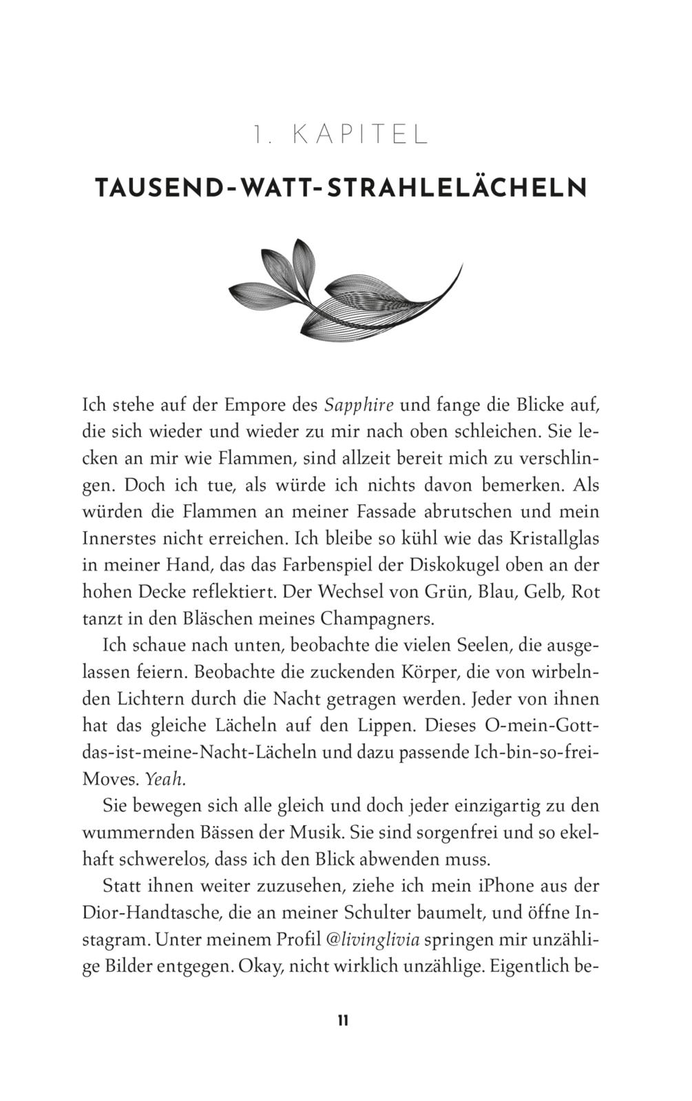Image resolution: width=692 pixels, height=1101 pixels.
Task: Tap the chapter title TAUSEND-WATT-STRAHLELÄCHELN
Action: click(x=341, y=188)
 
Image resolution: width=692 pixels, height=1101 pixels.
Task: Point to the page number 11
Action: click(x=343, y=1020)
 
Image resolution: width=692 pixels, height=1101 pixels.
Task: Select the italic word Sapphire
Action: click(x=359, y=405)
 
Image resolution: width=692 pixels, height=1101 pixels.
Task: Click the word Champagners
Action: click(x=377, y=618)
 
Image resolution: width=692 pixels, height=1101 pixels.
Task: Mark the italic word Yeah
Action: click(x=166, y=779)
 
